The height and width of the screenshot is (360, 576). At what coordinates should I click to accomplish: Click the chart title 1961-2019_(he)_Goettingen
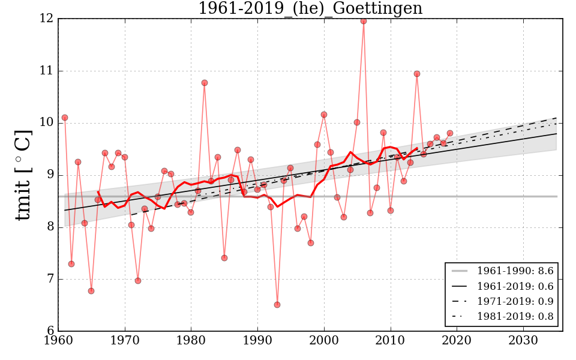point(310,9)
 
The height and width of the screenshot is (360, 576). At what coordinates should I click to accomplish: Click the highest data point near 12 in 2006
point(364,21)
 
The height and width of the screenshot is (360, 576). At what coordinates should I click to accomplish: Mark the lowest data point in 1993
point(277,305)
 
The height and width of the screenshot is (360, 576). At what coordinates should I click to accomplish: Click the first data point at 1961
point(65,118)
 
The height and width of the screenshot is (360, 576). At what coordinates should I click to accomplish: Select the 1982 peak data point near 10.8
point(205,83)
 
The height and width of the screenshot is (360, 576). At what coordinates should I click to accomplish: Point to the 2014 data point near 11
point(417,74)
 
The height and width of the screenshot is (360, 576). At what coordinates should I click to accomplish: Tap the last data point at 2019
point(450,133)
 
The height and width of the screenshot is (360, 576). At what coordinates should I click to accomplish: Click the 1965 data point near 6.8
point(91,291)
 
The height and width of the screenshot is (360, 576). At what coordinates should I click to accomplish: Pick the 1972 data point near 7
point(138,281)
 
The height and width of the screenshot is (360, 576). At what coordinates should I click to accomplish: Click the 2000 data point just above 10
point(324,115)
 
